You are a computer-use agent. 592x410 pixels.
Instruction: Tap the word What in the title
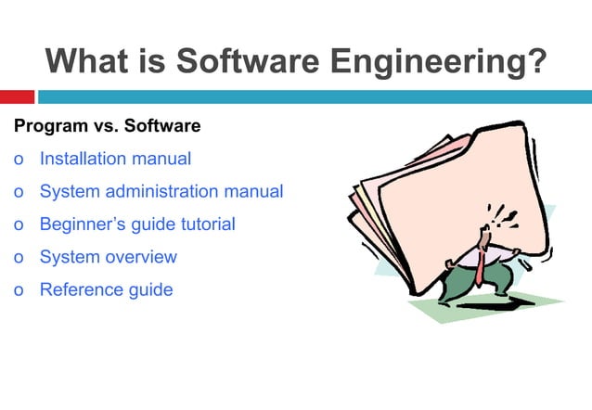pos(87,61)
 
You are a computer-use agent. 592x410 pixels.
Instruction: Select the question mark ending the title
pos(535,61)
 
